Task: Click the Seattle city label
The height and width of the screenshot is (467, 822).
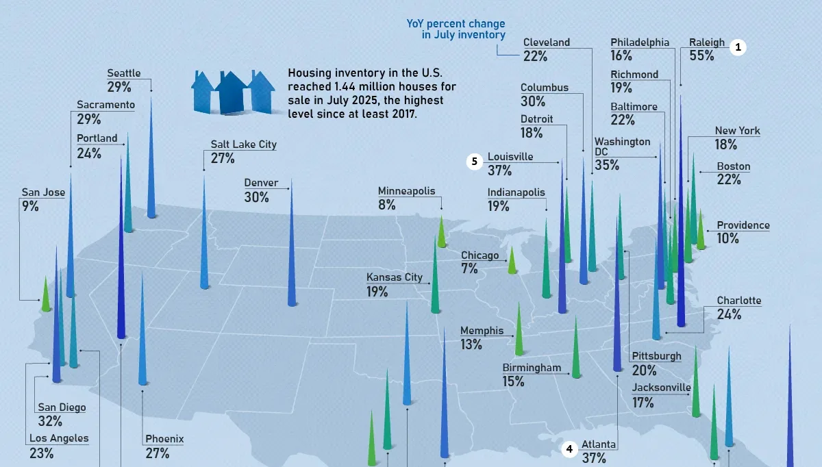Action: tap(124, 73)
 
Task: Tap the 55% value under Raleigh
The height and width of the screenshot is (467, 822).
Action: tap(701, 56)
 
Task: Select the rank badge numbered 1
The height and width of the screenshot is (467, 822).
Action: tap(737, 47)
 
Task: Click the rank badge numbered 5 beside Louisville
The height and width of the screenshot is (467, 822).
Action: tap(475, 162)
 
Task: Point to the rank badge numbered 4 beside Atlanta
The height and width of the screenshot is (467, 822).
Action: tap(569, 449)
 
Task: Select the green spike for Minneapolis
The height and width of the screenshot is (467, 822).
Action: tap(442, 233)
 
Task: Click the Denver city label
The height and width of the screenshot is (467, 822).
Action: tap(261, 183)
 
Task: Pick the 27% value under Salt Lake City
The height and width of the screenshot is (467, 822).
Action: tap(223, 159)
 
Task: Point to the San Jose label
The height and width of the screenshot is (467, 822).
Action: tap(43, 192)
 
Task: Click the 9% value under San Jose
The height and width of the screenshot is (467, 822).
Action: tap(30, 206)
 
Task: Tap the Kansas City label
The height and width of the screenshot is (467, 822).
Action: tap(394, 277)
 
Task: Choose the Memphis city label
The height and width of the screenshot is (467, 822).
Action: tap(482, 331)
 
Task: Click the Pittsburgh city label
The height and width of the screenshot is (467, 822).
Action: tap(656, 356)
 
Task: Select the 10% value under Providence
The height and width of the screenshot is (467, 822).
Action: tap(727, 239)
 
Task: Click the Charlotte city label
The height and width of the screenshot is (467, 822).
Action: tap(738, 301)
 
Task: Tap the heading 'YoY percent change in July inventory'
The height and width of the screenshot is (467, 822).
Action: tap(456, 29)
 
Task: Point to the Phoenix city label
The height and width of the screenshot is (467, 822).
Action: tap(164, 439)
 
